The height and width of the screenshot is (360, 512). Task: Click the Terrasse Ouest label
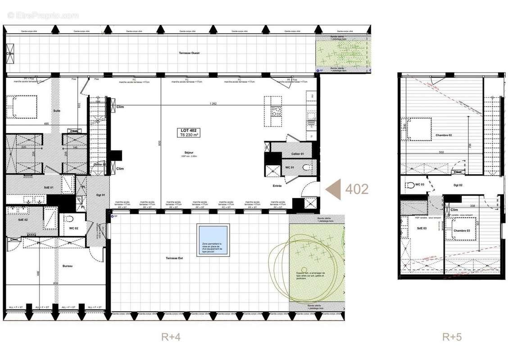pyautogui.click(x=189, y=53)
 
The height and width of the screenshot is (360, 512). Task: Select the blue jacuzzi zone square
pyautogui.click(x=213, y=241)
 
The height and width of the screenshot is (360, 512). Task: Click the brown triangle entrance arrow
pyautogui.click(x=333, y=189)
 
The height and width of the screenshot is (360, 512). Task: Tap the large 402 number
pyautogui.click(x=357, y=189)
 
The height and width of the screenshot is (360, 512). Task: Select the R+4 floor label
pyautogui.click(x=171, y=337)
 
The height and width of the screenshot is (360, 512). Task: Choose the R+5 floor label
pyautogui.click(x=452, y=337)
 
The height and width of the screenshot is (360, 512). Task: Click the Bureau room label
pyautogui.click(x=68, y=266)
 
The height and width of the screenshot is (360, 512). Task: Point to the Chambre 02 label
pyautogui.click(x=444, y=135)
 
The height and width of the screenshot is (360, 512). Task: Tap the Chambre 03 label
pyautogui.click(x=462, y=231)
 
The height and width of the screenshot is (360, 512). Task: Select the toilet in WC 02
pyautogui.click(x=68, y=219)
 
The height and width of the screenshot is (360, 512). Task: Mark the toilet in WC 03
pyautogui.click(x=410, y=184)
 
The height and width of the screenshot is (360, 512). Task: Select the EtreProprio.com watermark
pyautogui.click(x=43, y=15)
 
